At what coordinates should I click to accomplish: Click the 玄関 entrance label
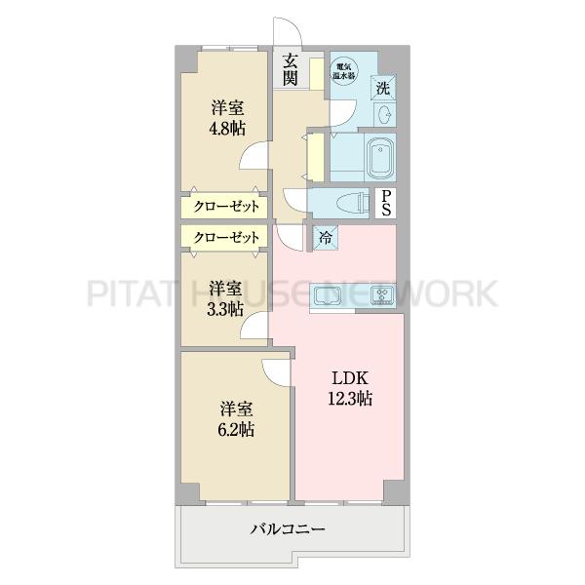point(290,70)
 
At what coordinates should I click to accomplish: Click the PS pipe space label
point(387,204)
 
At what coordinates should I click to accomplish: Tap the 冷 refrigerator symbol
point(323,235)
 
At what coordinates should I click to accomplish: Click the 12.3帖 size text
point(349,398)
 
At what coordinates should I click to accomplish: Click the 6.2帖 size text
point(236,428)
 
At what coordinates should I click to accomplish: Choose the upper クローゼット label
point(224,207)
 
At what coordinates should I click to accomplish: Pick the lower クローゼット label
point(224,237)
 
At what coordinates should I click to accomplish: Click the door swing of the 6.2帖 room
point(277,373)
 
